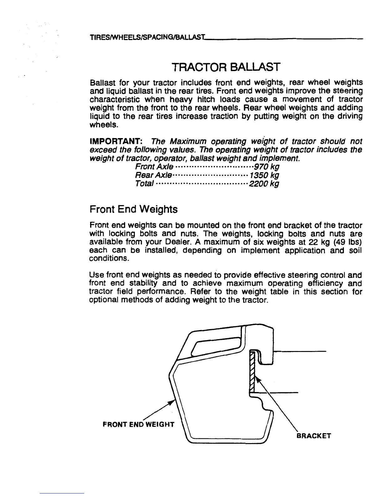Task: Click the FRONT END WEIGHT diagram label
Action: click(138, 425)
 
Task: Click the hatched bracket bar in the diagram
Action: click(253, 371)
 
